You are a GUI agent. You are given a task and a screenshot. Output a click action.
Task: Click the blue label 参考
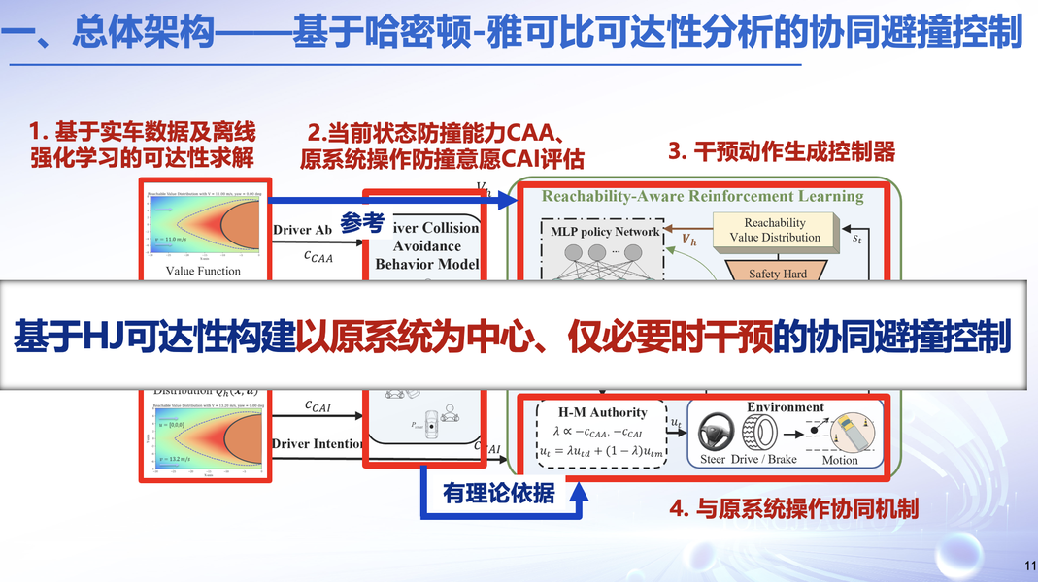pyautogui.click(x=362, y=222)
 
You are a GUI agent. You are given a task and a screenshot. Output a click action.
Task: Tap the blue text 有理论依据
pyautogui.click(x=499, y=493)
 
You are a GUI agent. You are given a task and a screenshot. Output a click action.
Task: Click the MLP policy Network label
pyautogui.click(x=604, y=232)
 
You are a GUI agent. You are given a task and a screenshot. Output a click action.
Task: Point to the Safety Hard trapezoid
pyautogui.click(x=778, y=274)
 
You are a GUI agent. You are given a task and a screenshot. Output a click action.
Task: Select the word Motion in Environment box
pyautogui.click(x=840, y=460)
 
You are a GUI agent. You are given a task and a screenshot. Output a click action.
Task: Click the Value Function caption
pyautogui.click(x=203, y=271)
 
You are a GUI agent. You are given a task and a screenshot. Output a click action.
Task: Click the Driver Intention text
pyautogui.click(x=318, y=444)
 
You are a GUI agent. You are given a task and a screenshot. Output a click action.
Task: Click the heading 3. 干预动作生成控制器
pyautogui.click(x=782, y=152)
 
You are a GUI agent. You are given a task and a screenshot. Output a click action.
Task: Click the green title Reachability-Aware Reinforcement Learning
pyautogui.click(x=702, y=196)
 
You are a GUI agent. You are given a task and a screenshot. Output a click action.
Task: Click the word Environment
pyautogui.click(x=786, y=407)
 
